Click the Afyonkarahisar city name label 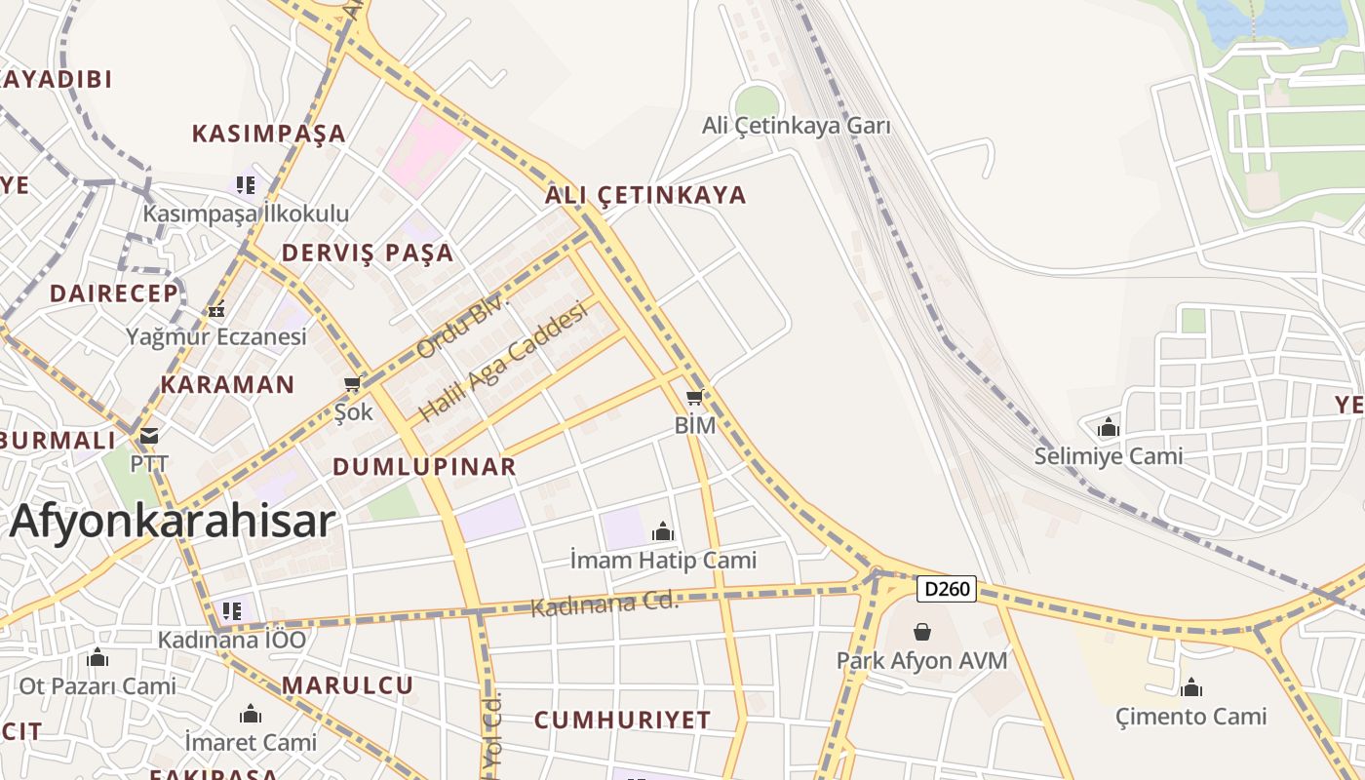click(173, 521)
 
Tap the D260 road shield click(946, 589)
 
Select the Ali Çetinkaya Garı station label click(797, 126)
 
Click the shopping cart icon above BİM click(694, 397)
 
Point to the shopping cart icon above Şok click(352, 384)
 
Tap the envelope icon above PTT click(148, 436)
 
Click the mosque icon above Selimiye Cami click(1108, 428)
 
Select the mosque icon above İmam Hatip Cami click(663, 531)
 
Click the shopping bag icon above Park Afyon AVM click(921, 633)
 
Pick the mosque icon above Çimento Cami click(1190, 688)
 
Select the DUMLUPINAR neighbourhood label click(424, 466)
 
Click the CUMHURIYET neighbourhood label click(622, 721)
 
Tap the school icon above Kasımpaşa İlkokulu click(245, 184)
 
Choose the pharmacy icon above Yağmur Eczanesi click(216, 310)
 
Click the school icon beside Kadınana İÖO click(231, 611)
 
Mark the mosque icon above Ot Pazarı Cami click(97, 658)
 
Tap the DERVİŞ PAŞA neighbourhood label click(368, 253)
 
